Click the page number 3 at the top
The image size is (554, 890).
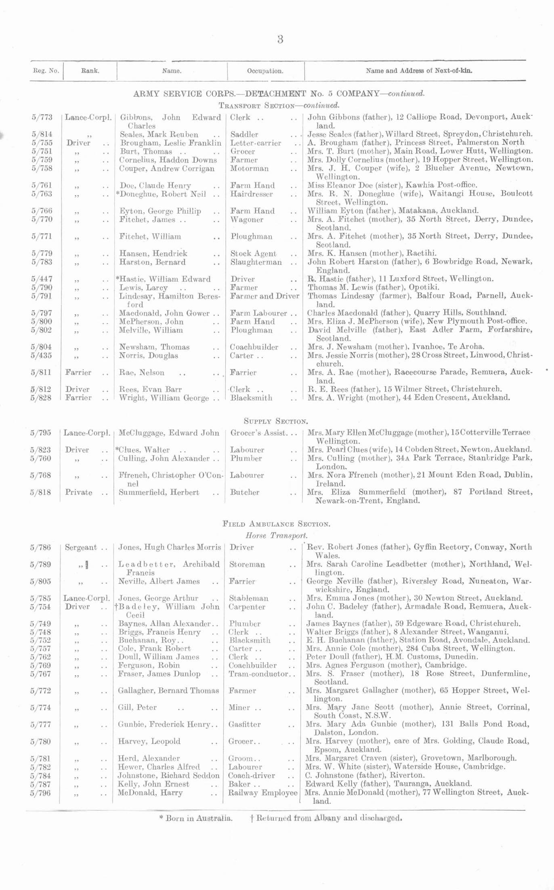(280, 40)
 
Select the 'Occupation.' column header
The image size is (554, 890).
(265, 71)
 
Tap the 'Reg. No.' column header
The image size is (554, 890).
(46, 71)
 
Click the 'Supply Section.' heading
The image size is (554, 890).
(277, 421)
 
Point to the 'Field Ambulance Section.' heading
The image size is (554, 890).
(277, 524)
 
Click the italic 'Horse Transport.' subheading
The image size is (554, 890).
(277, 536)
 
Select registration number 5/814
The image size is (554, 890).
(42, 134)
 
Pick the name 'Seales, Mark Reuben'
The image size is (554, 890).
(159, 134)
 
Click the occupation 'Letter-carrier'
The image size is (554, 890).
(256, 143)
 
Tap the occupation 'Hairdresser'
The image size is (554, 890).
(252, 194)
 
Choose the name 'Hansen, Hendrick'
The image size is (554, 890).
(153, 253)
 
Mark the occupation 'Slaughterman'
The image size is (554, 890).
(256, 262)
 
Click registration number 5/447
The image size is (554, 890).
(42, 279)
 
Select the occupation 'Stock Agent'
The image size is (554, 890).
(253, 253)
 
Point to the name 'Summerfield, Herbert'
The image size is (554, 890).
(159, 492)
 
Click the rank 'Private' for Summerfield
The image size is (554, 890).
(79, 492)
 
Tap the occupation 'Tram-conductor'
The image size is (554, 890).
(258, 674)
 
